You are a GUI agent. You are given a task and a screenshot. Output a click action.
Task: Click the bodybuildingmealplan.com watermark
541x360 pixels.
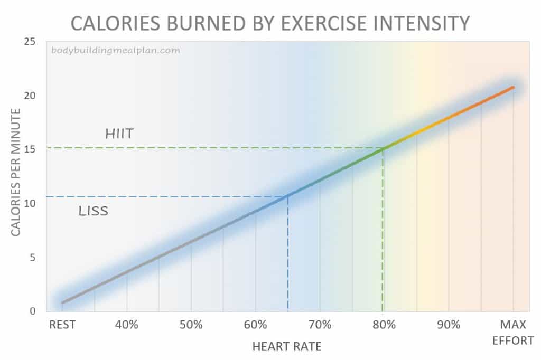click(x=116, y=51)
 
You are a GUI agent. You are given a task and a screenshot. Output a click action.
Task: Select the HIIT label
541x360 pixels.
click(x=119, y=134)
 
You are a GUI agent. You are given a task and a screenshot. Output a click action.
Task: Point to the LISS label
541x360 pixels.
click(x=93, y=212)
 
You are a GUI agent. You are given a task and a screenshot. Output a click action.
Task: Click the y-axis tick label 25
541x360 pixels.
click(x=30, y=42)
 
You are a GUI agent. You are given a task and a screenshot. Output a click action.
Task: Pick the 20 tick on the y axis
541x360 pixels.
click(x=30, y=96)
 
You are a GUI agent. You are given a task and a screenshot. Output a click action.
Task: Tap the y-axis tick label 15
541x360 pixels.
click(x=30, y=149)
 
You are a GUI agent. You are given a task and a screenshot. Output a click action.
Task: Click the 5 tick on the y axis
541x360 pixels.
click(x=32, y=257)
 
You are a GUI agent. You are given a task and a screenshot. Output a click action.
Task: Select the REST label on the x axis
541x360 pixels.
click(x=62, y=325)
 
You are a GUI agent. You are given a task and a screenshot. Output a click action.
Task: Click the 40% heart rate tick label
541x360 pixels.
click(x=127, y=325)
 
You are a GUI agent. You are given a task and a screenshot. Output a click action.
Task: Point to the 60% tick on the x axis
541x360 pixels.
click(x=256, y=325)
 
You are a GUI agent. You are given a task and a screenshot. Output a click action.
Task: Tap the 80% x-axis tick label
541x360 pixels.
click(x=384, y=325)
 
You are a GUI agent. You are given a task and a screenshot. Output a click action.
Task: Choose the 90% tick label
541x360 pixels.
click(x=449, y=325)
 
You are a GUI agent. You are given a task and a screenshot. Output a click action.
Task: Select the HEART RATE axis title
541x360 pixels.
click(x=287, y=347)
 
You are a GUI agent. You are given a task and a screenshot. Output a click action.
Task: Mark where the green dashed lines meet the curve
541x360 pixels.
click(x=383, y=148)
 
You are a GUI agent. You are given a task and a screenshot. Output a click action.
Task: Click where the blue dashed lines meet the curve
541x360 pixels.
click(x=288, y=196)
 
